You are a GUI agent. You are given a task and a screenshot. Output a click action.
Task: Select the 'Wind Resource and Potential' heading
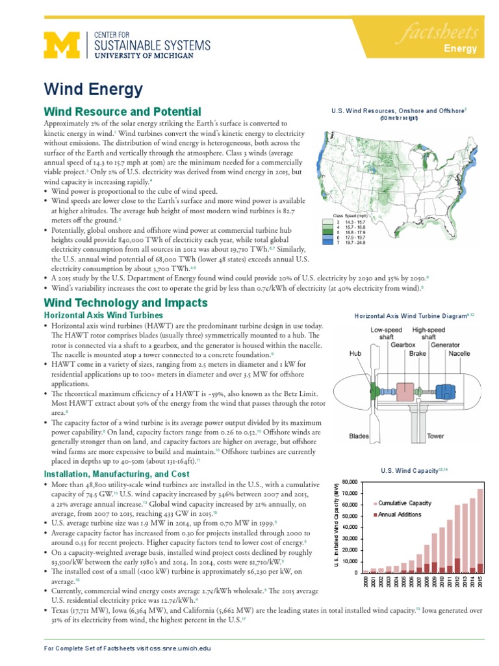(122, 112)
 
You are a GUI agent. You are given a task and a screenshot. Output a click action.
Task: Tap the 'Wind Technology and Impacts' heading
(125, 302)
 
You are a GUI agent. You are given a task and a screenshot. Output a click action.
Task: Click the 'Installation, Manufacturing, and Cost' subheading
(116, 474)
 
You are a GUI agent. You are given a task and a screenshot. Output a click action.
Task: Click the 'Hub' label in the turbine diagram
(354, 354)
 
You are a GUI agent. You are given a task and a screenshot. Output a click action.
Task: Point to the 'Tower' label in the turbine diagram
(436, 436)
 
